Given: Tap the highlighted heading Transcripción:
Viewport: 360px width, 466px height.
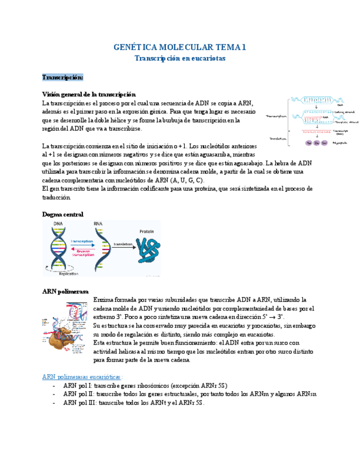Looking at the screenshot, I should click(x=63, y=77).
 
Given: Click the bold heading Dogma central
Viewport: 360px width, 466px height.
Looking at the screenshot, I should click(x=63, y=214).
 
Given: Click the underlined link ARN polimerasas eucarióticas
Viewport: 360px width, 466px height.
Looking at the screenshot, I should click(x=82, y=377).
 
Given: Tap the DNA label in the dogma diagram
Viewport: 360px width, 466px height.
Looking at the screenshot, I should click(x=58, y=224).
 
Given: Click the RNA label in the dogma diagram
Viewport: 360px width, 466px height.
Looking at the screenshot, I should click(x=98, y=224).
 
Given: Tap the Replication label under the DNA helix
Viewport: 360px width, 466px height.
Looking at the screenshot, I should click(x=70, y=273).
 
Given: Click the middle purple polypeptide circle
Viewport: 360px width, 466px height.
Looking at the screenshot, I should click(x=318, y=142).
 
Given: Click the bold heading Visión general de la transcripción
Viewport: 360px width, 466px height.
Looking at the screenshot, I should click(x=89, y=95).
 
